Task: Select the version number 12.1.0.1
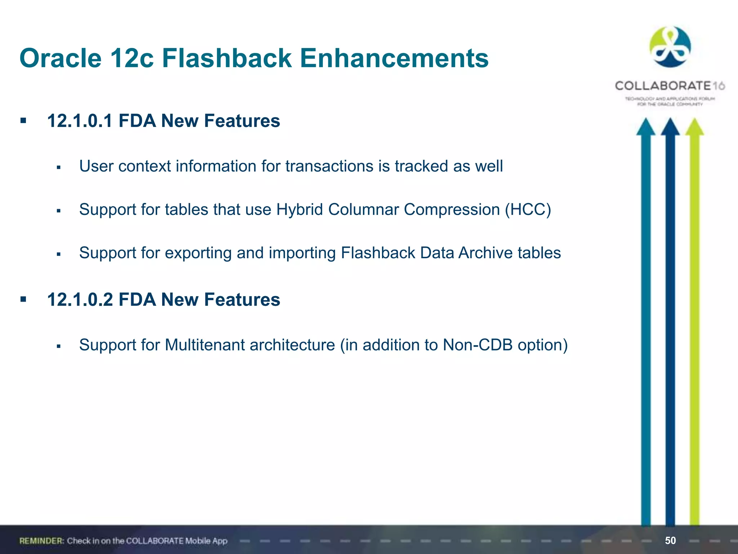click(x=80, y=120)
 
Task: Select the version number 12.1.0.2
click(x=80, y=299)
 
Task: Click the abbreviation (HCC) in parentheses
click(x=528, y=210)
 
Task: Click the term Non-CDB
click(x=477, y=345)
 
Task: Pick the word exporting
click(x=198, y=253)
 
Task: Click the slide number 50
click(x=670, y=540)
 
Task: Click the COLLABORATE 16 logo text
click(x=670, y=86)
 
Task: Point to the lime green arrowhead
click(x=694, y=127)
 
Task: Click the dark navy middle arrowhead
click(x=670, y=127)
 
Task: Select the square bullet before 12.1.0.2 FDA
click(x=23, y=299)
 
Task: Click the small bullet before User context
click(x=59, y=167)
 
